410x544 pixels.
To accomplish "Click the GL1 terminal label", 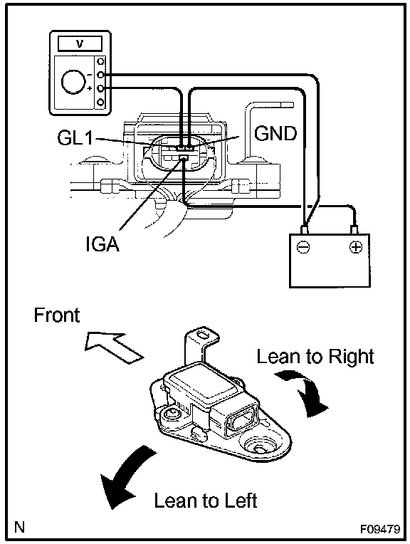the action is [x=75, y=138].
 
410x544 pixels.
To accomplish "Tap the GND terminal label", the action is [x=275, y=133].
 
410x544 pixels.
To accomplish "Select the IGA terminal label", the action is [x=102, y=244].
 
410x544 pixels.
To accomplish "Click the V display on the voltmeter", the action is [x=80, y=43].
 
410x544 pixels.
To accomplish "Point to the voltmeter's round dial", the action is [x=73, y=82].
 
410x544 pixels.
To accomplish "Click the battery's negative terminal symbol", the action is [x=303, y=247].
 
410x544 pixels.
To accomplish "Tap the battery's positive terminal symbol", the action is [x=355, y=247].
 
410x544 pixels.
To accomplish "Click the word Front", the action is [x=56, y=315].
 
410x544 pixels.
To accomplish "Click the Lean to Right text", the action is [x=315, y=356].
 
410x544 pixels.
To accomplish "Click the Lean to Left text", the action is [x=206, y=501].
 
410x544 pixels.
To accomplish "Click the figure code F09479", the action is [x=380, y=529].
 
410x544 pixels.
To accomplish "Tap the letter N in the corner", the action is [x=19, y=527].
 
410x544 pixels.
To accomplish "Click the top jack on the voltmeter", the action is [x=100, y=61].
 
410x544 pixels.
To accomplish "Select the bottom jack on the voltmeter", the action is [x=100, y=102].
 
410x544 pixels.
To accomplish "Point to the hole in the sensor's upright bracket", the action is [x=202, y=335].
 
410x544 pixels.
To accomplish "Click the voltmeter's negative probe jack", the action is [x=100, y=75].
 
